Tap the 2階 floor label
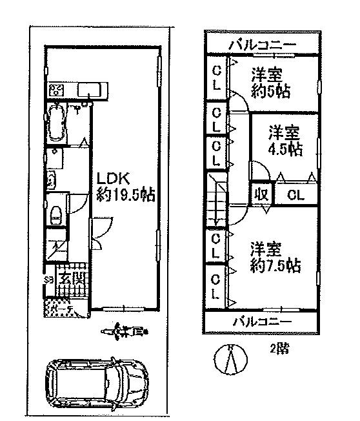tap(279, 349)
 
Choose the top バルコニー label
tap(263, 45)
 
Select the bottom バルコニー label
tap(262, 321)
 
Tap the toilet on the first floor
tap(56, 212)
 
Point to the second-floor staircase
tap(215, 201)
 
